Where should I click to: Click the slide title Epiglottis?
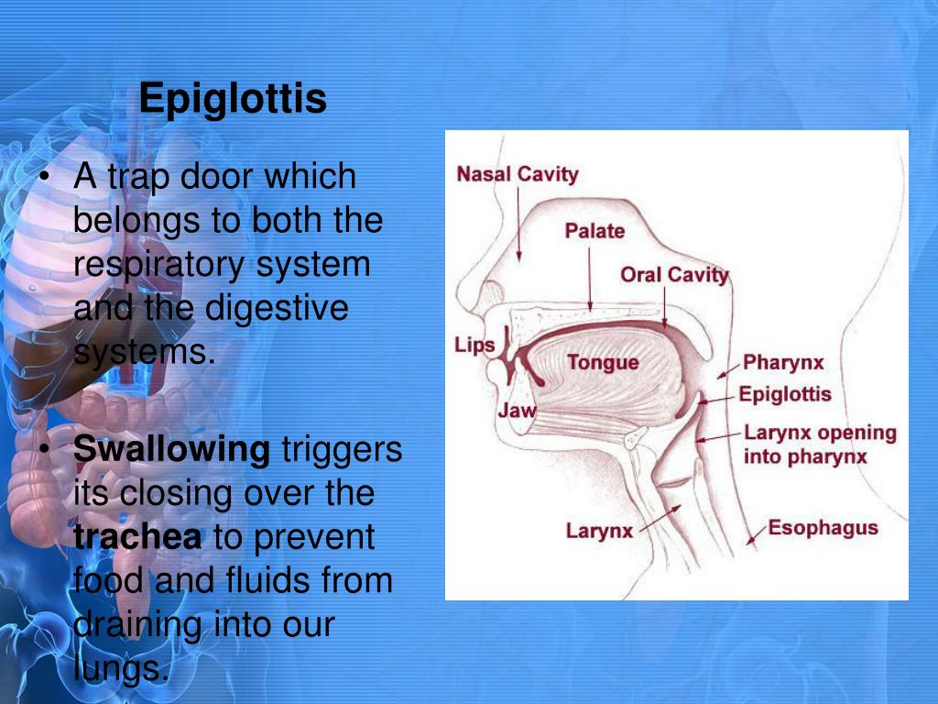[x=233, y=99]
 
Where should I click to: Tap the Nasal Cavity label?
[x=518, y=174]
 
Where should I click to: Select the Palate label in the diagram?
[x=594, y=231]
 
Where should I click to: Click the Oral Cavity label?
[x=674, y=275]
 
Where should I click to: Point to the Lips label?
[x=474, y=346]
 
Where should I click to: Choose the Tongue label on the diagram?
[x=603, y=362]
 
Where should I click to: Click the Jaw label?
[x=517, y=411]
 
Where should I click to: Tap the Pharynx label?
[x=783, y=363]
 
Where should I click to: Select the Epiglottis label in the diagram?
[x=785, y=395]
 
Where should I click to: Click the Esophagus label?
[x=823, y=528]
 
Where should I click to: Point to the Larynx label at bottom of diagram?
[x=599, y=531]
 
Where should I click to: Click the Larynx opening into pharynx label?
[x=819, y=445]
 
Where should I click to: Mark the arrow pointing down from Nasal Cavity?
[x=518, y=225]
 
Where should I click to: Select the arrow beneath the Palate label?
[x=591, y=280]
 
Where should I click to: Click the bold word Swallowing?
[x=171, y=450]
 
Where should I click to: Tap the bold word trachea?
[x=137, y=537]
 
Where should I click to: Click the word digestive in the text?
[x=277, y=309]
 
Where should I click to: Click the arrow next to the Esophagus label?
[x=756, y=536]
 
